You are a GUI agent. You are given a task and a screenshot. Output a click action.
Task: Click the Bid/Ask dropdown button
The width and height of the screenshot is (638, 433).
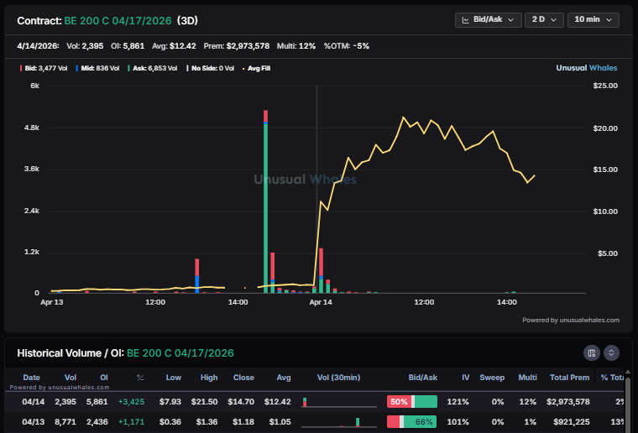[x=488, y=19]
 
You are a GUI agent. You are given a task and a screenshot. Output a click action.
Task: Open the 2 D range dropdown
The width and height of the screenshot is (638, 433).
[x=544, y=19]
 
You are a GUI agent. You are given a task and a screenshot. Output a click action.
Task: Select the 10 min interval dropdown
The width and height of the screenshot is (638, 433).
[x=593, y=19]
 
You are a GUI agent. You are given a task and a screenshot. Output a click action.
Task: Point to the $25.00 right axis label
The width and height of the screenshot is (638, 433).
[x=605, y=86]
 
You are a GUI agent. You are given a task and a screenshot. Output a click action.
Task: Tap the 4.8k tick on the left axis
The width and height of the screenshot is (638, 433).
[x=32, y=128]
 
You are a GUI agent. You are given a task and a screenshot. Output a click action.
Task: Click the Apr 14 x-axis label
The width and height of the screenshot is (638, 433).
[x=321, y=301]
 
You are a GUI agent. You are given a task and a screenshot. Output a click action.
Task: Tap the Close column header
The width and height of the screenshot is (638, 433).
[x=243, y=378]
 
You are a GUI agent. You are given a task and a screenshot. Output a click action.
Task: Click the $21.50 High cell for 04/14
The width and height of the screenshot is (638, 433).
[x=209, y=402]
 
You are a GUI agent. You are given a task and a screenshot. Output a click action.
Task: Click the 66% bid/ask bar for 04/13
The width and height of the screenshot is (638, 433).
[x=412, y=421]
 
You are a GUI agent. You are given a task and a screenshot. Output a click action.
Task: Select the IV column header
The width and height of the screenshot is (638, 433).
[x=458, y=378]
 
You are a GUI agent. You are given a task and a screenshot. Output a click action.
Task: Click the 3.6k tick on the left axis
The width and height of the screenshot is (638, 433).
[x=32, y=169]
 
